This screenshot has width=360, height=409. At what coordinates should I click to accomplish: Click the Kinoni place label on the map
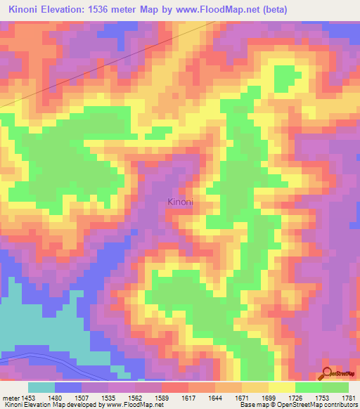click(x=180, y=202)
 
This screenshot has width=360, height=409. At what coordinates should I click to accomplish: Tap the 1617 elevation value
click(x=189, y=397)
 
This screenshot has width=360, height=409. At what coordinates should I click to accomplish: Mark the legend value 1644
click(x=216, y=397)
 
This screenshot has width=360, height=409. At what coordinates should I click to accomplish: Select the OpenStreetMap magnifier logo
click(x=327, y=374)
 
